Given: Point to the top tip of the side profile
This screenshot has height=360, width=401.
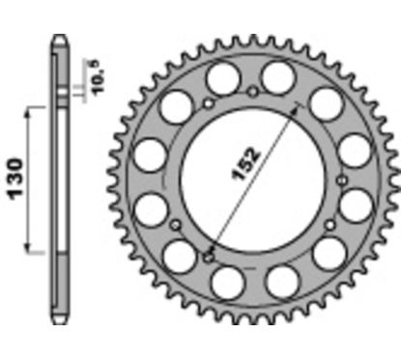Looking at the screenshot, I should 60,40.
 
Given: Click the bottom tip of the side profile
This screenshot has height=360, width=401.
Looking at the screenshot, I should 60,318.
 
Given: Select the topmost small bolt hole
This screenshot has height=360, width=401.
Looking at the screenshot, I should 252,92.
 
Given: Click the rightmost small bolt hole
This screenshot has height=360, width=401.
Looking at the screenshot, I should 342,180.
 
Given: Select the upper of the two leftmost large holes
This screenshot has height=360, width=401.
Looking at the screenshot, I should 151,152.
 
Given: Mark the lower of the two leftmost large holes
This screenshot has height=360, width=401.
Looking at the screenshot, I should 151,206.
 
